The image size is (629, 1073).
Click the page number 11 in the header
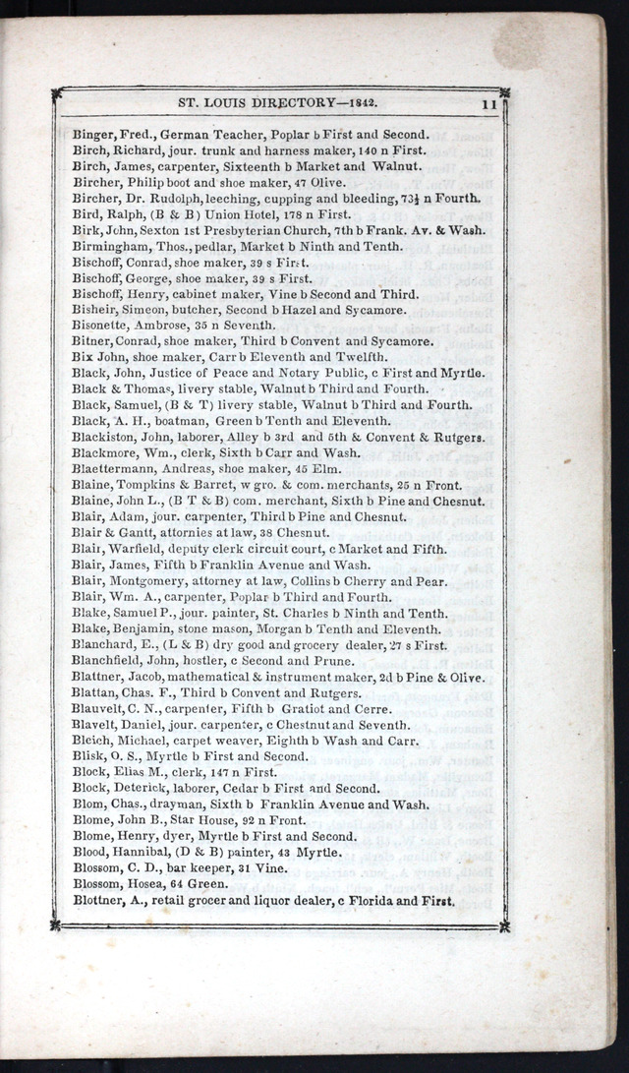click(x=488, y=101)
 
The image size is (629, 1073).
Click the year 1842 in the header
click(x=361, y=100)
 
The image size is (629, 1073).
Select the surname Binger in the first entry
click(x=93, y=135)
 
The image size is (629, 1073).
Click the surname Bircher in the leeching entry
click(x=95, y=199)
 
